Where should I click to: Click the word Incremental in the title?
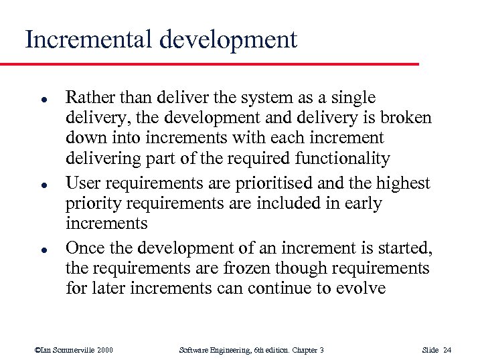point(88,39)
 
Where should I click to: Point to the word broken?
point(407,118)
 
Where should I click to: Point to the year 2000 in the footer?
point(104,350)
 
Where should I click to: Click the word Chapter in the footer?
point(301,350)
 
